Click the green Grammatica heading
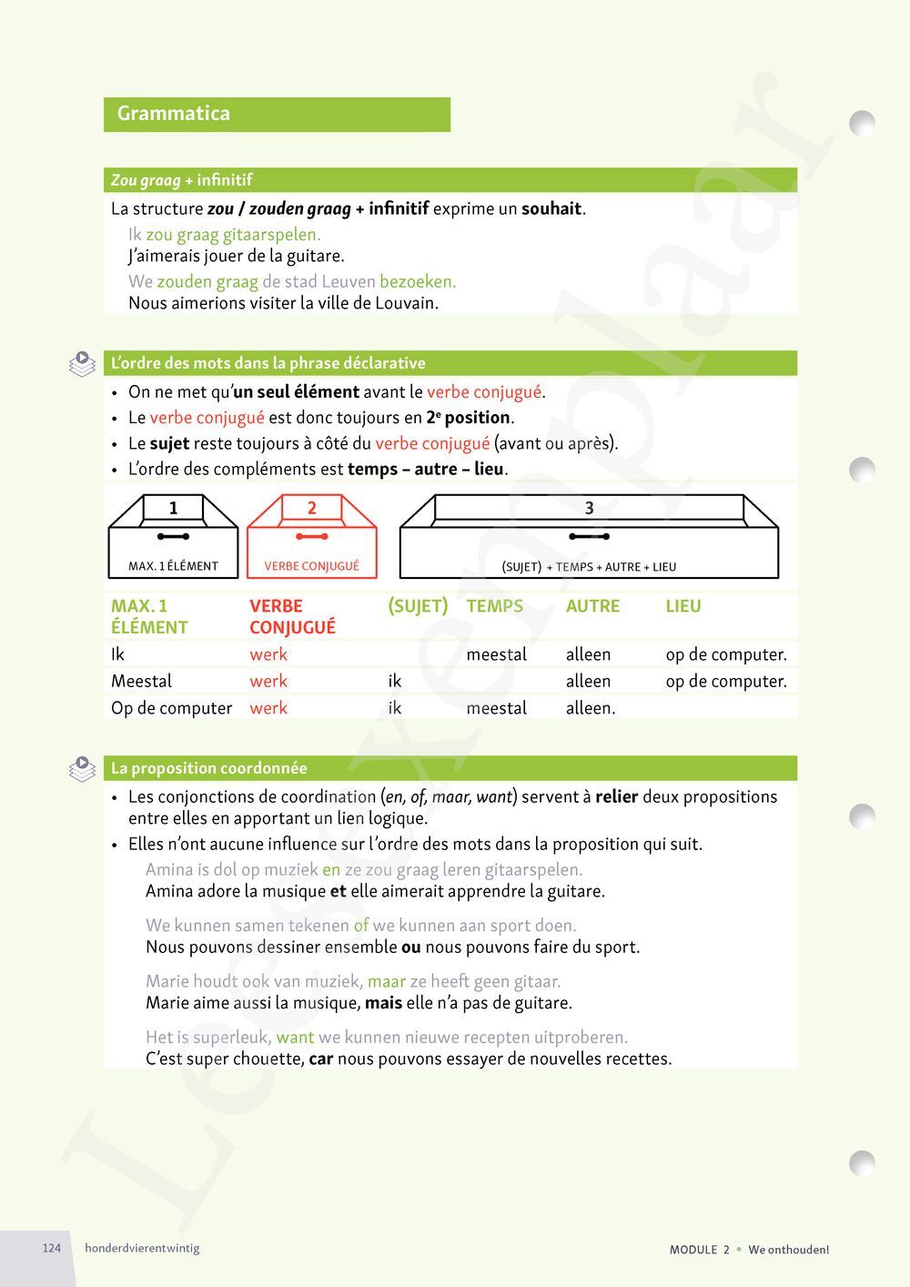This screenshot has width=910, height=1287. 174,114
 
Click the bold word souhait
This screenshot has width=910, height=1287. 551,208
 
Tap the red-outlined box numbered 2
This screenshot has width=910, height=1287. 311,536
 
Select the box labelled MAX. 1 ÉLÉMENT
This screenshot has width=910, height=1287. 173,537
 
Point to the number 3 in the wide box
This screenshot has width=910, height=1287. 589,508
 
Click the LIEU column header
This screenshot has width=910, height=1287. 682,606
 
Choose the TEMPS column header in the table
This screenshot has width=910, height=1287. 494,606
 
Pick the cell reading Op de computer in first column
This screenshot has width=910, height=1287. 171,708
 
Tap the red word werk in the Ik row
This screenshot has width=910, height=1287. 268,654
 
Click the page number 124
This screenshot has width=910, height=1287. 52,1248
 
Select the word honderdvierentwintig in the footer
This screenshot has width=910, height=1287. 142,1248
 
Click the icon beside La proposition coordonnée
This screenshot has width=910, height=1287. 82,769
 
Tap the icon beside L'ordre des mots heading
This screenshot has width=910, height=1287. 82,364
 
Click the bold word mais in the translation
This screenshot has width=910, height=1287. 382,1003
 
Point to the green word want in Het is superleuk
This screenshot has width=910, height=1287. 295,1037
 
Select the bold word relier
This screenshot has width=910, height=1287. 616,796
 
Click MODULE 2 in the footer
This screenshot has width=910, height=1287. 699,1250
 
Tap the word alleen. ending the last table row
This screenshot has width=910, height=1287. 591,708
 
